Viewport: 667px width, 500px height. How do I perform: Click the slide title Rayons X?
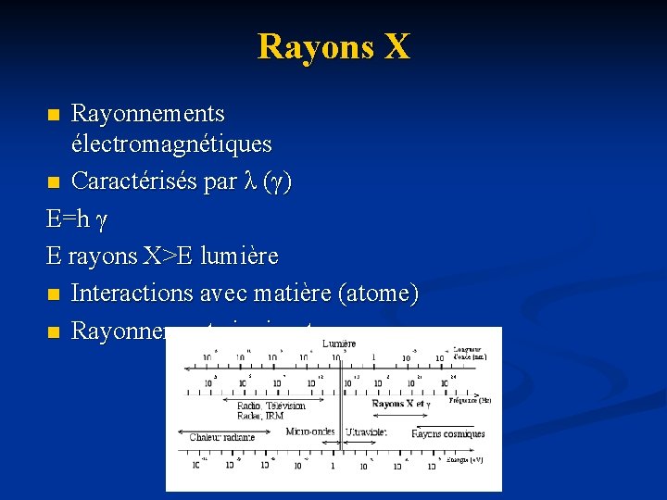click(x=333, y=45)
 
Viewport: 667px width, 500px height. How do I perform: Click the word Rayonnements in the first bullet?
click(x=147, y=114)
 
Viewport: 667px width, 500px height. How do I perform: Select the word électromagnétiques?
click(x=171, y=144)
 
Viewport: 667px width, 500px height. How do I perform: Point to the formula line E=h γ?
click(x=77, y=219)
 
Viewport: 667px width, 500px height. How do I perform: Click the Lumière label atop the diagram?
click(x=339, y=344)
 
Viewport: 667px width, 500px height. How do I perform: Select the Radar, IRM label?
click(x=260, y=416)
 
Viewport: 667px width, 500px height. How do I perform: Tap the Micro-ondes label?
click(x=310, y=431)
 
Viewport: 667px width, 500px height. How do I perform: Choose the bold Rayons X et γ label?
click(x=401, y=404)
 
